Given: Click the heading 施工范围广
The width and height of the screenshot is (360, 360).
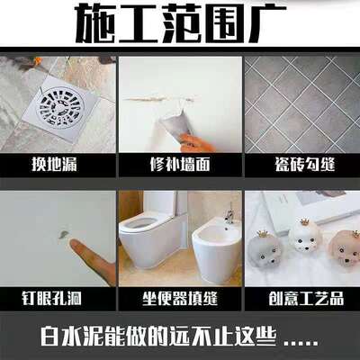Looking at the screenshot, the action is pyautogui.click(x=180, y=22).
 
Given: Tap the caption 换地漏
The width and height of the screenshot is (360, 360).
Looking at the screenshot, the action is pyautogui.click(x=54, y=165).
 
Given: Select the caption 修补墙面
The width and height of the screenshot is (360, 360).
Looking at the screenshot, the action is pyautogui.click(x=180, y=165).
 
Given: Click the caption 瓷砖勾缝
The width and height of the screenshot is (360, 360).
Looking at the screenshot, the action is pyautogui.click(x=304, y=165).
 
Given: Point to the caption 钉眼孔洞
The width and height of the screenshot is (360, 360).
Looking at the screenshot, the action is pyautogui.click(x=51, y=299).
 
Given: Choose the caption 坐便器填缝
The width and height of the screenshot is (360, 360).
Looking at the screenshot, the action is pyautogui.click(x=180, y=299).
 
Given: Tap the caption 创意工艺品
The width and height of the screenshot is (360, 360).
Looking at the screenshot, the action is pyautogui.click(x=306, y=299).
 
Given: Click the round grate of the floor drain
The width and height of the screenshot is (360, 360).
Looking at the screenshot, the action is pyautogui.click(x=60, y=107).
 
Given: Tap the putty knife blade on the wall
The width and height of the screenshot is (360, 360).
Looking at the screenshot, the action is pyautogui.click(x=175, y=123).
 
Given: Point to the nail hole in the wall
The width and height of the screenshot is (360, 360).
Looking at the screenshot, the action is pyautogui.click(x=63, y=234).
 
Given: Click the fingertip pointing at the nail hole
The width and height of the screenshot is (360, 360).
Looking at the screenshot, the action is pyautogui.click(x=75, y=244).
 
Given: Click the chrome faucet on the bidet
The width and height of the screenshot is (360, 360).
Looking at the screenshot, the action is pyautogui.click(x=229, y=213).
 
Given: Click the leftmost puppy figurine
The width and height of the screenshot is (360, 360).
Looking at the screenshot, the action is pyautogui.click(x=265, y=252).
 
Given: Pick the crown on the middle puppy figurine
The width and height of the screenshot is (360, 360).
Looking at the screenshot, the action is pyautogui.click(x=305, y=222).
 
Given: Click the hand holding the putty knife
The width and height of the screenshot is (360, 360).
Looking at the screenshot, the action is pyautogui.click(x=196, y=143).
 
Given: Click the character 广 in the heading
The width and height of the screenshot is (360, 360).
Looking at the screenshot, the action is pyautogui.click(x=267, y=22).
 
